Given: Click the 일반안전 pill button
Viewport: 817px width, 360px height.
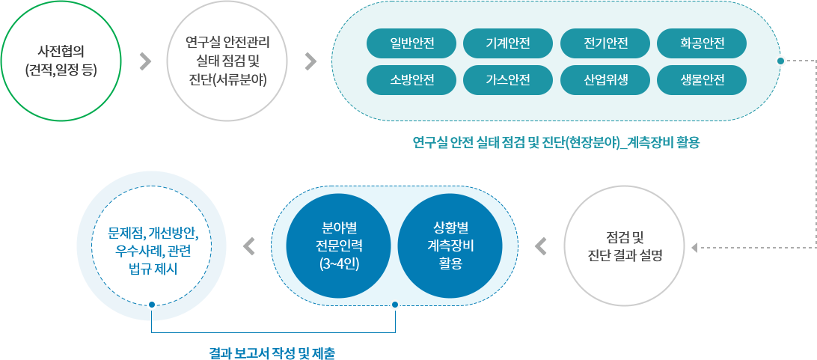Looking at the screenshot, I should (411, 43).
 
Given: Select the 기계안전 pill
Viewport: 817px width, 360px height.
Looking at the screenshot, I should (508, 43).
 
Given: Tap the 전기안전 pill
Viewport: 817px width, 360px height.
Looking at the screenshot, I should (605, 43).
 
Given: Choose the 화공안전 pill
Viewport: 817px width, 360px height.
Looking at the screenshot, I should (702, 43).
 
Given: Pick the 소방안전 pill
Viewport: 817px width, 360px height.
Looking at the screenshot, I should (411, 79).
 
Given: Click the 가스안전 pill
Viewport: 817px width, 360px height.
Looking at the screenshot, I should (508, 79).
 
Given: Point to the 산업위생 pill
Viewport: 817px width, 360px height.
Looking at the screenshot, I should (605, 79).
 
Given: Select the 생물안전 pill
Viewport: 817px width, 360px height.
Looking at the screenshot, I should (702, 79).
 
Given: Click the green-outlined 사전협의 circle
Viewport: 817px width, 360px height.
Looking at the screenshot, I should (61, 61).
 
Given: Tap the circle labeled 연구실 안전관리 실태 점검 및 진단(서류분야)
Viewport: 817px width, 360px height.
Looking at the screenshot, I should (228, 61).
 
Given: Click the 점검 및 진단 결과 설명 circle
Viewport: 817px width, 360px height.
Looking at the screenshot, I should (625, 245).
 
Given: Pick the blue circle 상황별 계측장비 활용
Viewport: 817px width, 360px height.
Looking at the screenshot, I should (455, 245).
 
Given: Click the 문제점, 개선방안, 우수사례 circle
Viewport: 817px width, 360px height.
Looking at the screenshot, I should (153, 245).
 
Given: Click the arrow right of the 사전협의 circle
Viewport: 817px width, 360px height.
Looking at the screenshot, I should (146, 61).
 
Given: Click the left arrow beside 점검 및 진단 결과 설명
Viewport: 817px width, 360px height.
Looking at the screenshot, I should (540, 245).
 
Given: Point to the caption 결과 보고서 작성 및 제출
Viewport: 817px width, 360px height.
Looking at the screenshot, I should (278, 351).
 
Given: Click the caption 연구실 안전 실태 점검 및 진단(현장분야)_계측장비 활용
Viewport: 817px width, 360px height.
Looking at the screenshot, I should (556, 142).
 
